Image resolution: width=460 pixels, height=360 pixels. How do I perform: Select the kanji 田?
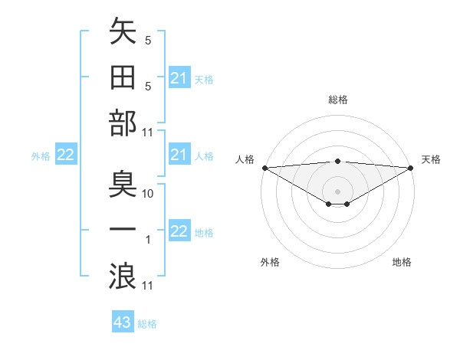pos(123,78)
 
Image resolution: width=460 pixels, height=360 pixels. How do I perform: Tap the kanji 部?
pos(123,124)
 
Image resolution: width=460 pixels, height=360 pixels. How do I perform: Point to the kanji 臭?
pos(123,185)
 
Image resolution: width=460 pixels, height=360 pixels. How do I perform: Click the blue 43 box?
pos(123,322)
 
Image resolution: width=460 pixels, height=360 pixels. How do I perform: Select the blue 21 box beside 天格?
pos(179,78)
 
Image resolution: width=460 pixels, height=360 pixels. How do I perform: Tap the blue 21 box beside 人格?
pos(179,155)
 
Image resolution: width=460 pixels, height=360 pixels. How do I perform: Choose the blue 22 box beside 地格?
pos(179,232)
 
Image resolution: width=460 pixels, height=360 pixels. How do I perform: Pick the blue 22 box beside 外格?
pos(66,155)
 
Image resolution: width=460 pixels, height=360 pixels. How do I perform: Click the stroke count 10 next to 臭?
pos(149,194)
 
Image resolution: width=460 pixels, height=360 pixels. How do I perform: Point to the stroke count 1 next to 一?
pos(148,241)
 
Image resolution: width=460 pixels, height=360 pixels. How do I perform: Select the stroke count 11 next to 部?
pos(149,133)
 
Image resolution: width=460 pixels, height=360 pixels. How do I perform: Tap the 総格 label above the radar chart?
pos(338,100)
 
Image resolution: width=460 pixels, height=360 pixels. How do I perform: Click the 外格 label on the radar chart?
pos(270,262)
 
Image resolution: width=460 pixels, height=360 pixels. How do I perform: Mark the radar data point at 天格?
pos(411,167)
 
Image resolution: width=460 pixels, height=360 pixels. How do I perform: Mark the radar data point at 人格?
pos(264,167)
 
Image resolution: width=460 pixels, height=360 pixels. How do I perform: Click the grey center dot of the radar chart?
pos(338,191)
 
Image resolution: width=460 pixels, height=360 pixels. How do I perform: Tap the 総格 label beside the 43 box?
pos(147,324)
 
